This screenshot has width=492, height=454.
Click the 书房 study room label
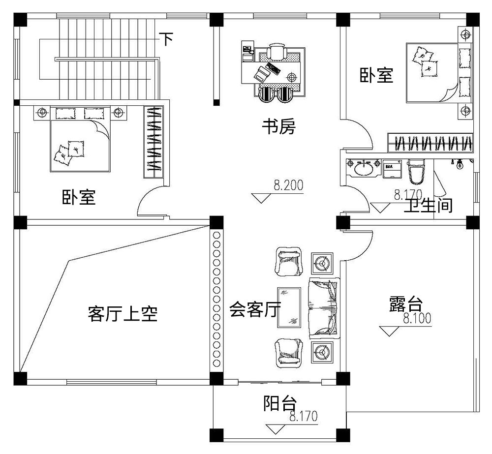(x=278, y=128)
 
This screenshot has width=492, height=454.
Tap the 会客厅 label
(x=255, y=310)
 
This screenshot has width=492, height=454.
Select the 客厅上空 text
(x=123, y=313)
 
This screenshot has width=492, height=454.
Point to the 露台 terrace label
(x=405, y=303)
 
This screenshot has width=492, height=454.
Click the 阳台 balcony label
(x=279, y=404)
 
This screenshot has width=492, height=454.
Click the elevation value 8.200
(x=288, y=186)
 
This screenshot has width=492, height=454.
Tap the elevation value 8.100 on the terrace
(x=417, y=319)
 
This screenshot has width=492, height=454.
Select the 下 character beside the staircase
(x=167, y=39)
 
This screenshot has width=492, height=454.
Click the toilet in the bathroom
(x=416, y=172)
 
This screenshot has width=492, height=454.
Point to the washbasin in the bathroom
(x=363, y=168)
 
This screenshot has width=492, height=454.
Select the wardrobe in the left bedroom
(x=154, y=142)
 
